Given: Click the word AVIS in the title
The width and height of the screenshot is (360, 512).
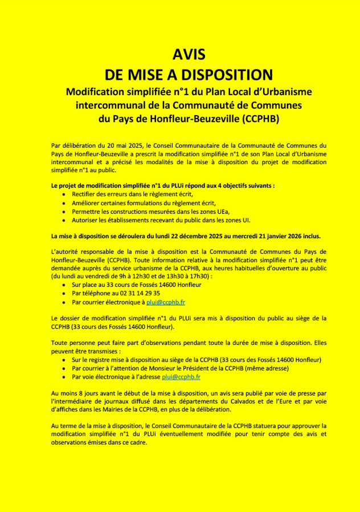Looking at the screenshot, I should [x=189, y=55].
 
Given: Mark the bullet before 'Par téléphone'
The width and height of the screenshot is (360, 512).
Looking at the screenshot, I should [x=63, y=293].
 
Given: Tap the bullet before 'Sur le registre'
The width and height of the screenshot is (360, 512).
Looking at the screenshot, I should [x=63, y=360].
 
